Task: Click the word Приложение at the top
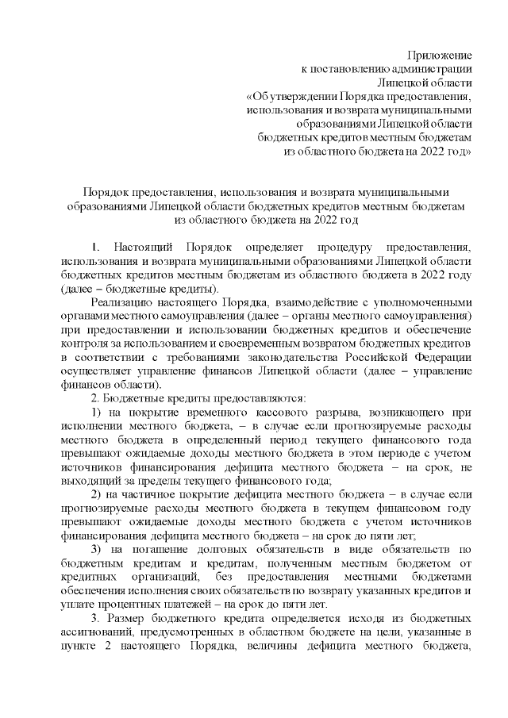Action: click(440, 56)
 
